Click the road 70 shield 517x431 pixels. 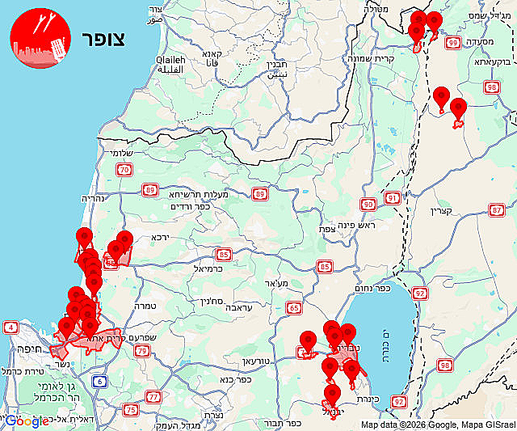124,170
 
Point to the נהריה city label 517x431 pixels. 94,198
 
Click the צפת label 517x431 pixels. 327,229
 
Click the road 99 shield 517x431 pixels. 453,43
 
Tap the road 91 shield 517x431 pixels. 392,197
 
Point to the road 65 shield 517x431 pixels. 294,307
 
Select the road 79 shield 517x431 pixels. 141,350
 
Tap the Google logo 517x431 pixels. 27,420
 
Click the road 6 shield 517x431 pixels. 99,381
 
